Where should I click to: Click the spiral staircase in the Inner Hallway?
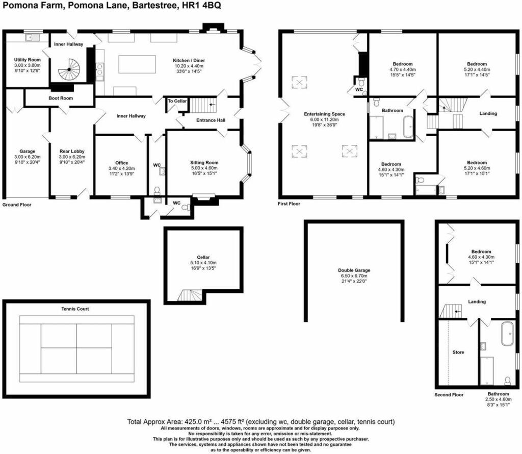(69, 69)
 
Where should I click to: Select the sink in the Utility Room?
(32, 37)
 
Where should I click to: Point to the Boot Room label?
(61, 98)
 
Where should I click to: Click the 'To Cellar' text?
(178, 101)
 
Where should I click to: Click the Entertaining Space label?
(324, 114)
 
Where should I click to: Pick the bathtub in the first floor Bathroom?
(409, 127)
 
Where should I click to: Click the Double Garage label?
(354, 270)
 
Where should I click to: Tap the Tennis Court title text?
(75, 309)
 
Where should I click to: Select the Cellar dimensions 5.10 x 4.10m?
(203, 263)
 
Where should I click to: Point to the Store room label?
(458, 352)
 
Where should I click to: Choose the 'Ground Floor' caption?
(17, 205)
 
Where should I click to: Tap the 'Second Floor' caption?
(449, 395)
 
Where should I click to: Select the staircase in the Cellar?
(189, 295)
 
